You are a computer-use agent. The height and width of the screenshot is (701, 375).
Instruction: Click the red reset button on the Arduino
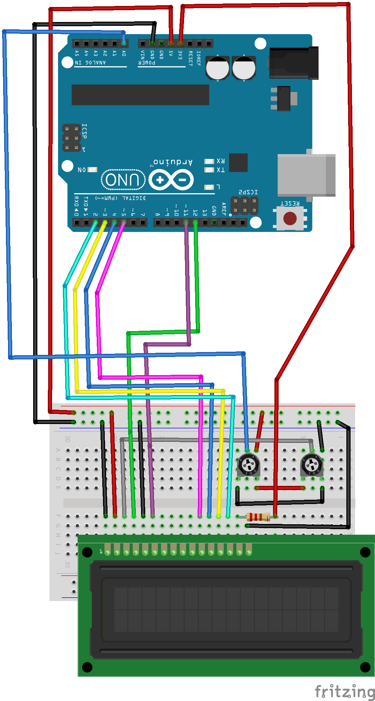(x=290, y=219)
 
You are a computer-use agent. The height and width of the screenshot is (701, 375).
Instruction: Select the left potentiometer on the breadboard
(x=249, y=465)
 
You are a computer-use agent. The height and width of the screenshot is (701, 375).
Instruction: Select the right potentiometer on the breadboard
(x=311, y=465)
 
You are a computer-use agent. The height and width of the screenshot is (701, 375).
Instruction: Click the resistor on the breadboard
(x=258, y=517)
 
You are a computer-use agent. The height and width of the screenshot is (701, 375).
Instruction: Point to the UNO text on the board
(x=123, y=180)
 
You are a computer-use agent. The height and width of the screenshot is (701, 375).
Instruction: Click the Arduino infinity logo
(x=171, y=180)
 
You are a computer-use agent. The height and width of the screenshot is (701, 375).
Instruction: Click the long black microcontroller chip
(x=140, y=94)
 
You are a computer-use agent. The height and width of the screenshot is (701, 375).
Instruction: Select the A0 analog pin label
(x=124, y=53)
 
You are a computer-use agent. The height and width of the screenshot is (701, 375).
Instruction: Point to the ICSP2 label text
(x=248, y=192)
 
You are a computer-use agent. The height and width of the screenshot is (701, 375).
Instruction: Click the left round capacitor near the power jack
(x=217, y=68)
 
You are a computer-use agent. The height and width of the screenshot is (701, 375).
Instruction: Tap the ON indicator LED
(x=93, y=170)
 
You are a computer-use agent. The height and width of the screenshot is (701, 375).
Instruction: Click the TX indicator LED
(x=209, y=170)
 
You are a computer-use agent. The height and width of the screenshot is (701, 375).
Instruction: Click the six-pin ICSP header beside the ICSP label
(x=72, y=138)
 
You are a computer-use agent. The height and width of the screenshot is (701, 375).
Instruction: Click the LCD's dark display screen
(x=226, y=609)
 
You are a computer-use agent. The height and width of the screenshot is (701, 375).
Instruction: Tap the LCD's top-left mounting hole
(x=87, y=552)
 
